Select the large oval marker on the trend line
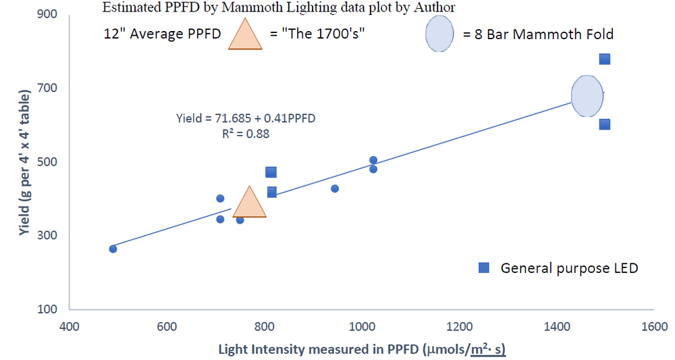click(587, 96)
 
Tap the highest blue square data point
click(605, 59)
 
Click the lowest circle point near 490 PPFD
click(113, 249)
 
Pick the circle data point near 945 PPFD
click(335, 188)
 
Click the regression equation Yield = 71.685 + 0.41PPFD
click(246, 118)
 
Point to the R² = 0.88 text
click(245, 134)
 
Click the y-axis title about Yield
click(25, 162)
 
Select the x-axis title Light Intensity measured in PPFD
click(362, 349)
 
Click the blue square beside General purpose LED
click(484, 268)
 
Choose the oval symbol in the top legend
click(439, 34)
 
